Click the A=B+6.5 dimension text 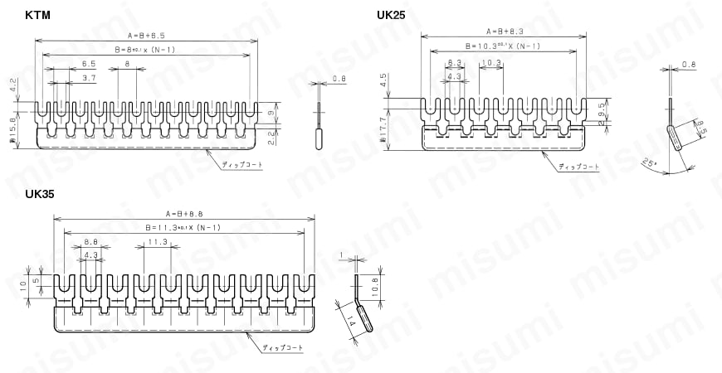(146, 36)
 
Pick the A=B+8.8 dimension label (183, 212)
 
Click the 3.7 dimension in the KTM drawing (90, 78)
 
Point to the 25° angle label (649, 163)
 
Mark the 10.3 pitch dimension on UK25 (490, 63)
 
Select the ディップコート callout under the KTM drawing (241, 166)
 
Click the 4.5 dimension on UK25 (383, 80)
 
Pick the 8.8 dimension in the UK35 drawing (91, 242)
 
